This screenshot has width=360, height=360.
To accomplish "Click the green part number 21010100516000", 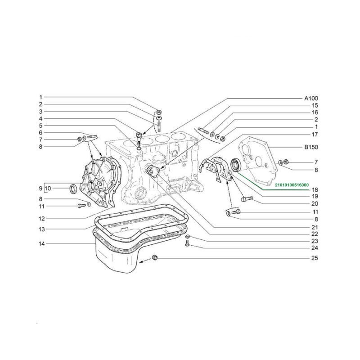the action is tap(292, 185).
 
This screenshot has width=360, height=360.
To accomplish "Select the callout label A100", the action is tap(311, 99).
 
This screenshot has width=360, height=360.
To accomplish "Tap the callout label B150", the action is tap(311, 147).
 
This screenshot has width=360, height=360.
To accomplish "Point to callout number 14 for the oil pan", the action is tap(41, 243).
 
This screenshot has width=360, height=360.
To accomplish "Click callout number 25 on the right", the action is tap(315, 258).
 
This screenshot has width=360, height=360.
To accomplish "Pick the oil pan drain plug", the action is tap(155, 257).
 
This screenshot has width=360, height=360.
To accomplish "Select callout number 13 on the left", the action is tap(41, 229).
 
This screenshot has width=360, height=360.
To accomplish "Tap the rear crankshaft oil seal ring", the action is tap(236, 164).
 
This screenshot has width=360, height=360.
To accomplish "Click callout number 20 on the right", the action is tap(315, 204).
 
